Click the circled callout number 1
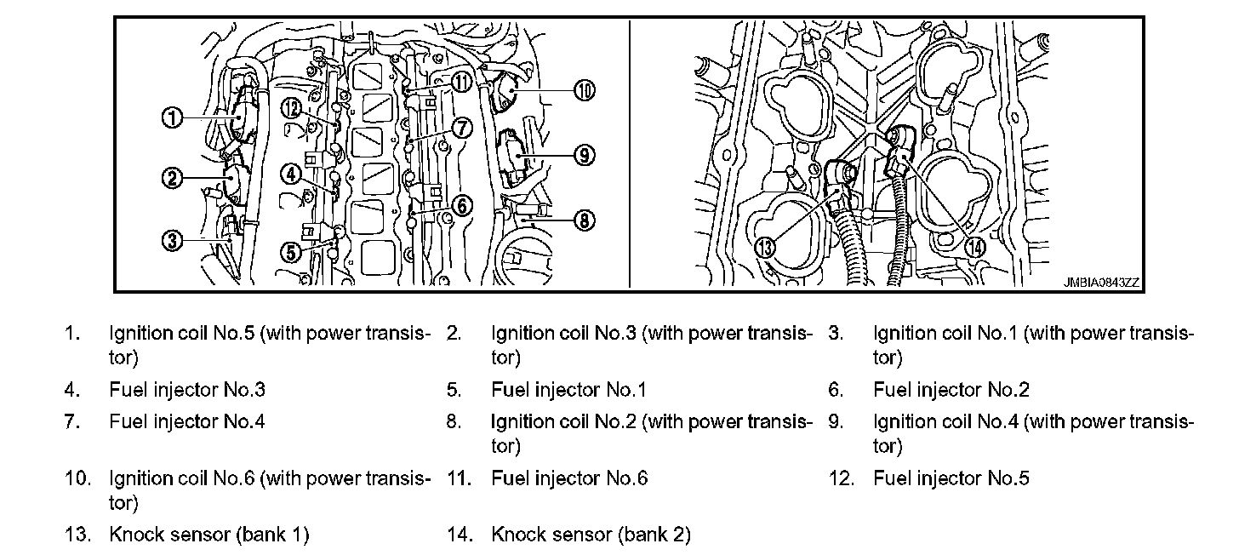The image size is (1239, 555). point(174,117)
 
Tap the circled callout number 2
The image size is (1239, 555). point(173,178)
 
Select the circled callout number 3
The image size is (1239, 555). point(173,241)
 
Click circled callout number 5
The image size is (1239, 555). point(290,251)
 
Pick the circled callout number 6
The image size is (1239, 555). point(462,205)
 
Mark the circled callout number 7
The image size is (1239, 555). point(461,128)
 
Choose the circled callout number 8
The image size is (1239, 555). point(583,220)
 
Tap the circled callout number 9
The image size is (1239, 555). point(584,155)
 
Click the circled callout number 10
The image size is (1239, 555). point(584,89)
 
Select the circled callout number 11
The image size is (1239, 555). point(460,82)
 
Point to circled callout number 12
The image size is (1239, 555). point(290,108)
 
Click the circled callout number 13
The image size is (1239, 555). point(765,247)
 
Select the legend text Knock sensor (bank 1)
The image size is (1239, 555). point(208,535)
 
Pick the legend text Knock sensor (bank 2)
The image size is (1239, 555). point(591,535)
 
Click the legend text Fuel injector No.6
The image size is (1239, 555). point(568,478)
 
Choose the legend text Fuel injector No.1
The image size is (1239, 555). point(568,390)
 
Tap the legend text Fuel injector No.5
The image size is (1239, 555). point(951,478)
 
